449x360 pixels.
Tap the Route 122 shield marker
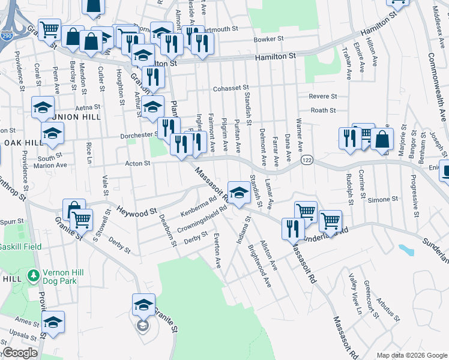(307, 160)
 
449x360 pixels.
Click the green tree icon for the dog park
(34, 277)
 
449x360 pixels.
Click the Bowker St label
(268, 38)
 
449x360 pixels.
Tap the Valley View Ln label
(355, 293)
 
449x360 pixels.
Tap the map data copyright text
(412, 355)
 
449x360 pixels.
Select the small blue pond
(404, 248)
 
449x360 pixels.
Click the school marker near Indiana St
(239, 194)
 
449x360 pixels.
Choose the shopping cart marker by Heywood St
(82, 221)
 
